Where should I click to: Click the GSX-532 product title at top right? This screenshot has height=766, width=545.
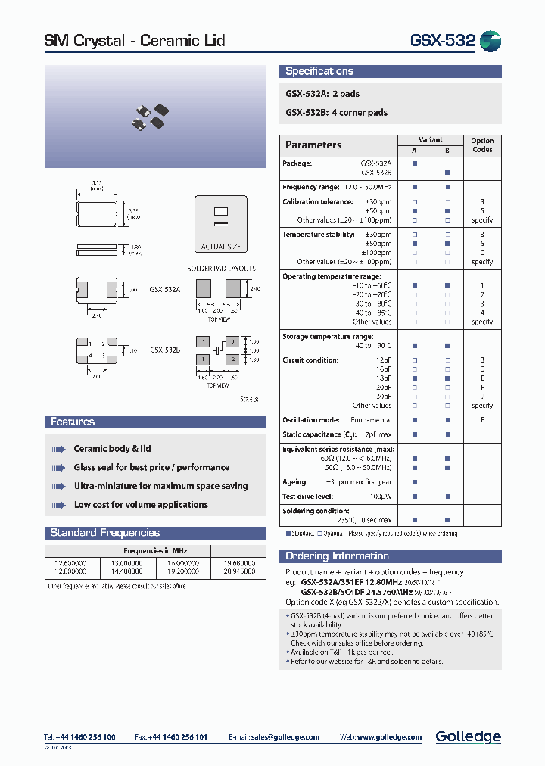[x=442, y=40]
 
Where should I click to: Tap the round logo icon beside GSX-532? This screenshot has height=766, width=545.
[x=490, y=42]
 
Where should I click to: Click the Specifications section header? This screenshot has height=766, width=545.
[x=319, y=71]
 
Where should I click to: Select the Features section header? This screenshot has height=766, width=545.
[x=73, y=422]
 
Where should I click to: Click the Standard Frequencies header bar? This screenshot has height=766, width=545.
[x=105, y=532]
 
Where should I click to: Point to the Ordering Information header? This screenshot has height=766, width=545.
[x=337, y=556]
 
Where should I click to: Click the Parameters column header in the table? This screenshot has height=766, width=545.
[x=313, y=145]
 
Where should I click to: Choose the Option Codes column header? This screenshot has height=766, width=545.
[x=482, y=145]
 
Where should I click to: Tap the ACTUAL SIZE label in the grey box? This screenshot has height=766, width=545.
[x=221, y=246]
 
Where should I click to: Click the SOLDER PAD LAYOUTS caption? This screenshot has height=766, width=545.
[x=221, y=269]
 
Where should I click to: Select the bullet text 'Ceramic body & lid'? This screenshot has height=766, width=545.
[x=112, y=449]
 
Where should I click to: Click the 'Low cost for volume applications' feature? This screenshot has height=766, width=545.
[x=141, y=504]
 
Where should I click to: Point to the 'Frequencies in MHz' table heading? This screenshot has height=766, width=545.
[x=155, y=550]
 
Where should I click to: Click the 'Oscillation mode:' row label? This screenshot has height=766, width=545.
[x=310, y=420]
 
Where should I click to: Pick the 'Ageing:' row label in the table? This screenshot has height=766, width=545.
[x=295, y=481]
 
